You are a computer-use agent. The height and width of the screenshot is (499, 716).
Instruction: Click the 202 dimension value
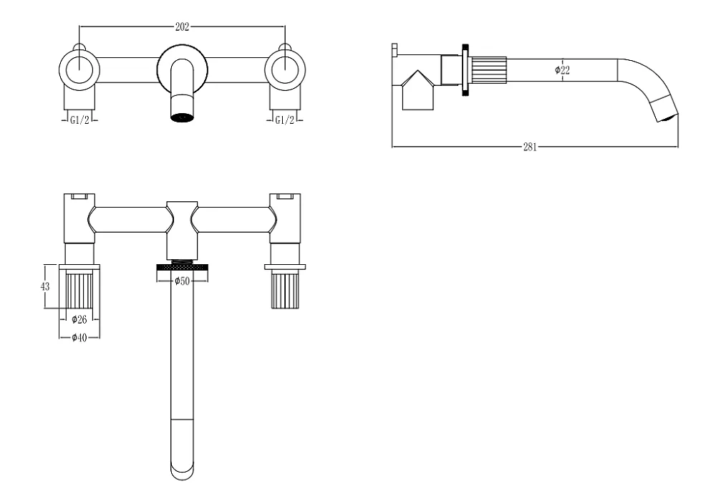(182, 27)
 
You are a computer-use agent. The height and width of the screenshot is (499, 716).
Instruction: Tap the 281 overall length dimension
(530, 147)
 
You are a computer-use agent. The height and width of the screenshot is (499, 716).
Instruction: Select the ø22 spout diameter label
(562, 70)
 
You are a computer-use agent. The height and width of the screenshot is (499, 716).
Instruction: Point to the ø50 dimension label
(182, 281)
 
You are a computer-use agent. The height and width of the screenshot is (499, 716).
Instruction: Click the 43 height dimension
(44, 286)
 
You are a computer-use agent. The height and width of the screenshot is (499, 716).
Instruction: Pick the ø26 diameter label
(79, 319)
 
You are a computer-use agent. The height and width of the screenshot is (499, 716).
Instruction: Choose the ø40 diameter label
(79, 337)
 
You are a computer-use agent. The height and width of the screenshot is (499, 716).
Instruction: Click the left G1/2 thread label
(79, 120)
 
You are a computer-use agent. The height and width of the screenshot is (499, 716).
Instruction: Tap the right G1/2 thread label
(284, 120)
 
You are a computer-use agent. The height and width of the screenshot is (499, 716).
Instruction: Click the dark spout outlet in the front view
(182, 117)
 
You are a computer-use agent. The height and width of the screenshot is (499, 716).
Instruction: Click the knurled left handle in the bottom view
(79, 289)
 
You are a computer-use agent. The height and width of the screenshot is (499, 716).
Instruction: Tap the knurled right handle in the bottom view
(285, 289)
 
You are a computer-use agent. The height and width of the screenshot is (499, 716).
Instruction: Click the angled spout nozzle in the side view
(665, 110)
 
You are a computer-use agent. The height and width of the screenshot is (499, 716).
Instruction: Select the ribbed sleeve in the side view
(488, 71)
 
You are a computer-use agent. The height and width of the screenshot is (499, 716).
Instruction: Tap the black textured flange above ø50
(182, 266)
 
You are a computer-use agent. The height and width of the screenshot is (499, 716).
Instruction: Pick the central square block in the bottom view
(182, 231)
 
